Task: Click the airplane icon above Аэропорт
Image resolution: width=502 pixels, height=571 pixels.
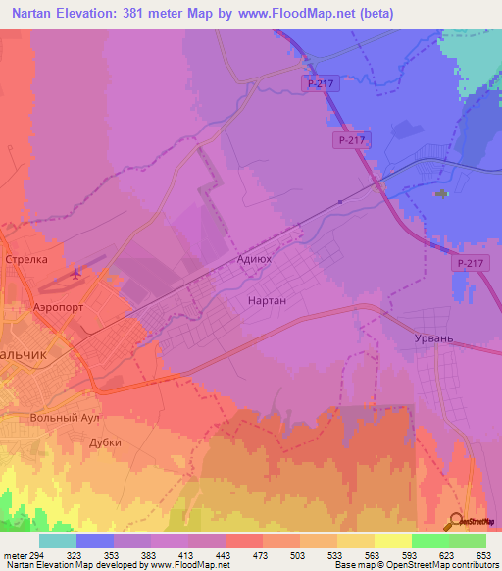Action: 76,275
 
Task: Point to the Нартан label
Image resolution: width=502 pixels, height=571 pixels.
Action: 267,301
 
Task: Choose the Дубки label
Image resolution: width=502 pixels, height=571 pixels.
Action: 105,442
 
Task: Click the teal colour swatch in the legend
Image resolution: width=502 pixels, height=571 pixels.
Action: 58,541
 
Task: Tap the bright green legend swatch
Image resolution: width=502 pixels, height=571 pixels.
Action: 429,541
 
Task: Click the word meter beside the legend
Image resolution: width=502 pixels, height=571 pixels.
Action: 15,554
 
